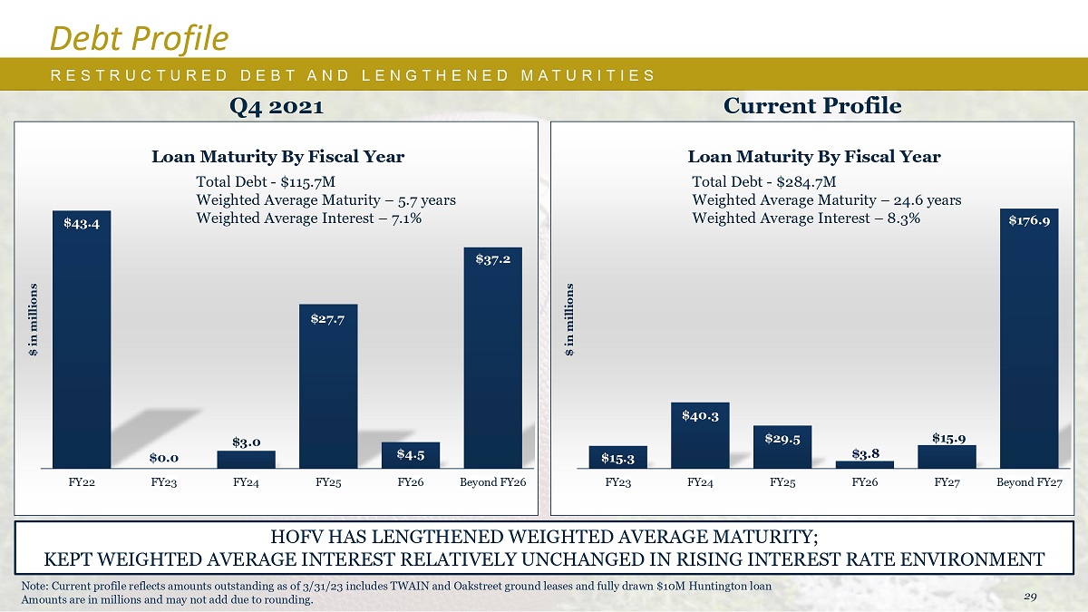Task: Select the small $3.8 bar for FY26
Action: [864, 464]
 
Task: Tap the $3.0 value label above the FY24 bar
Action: [246, 442]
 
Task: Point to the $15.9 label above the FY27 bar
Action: [947, 438]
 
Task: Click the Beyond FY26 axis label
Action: [492, 482]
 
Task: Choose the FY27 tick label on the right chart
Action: [947, 482]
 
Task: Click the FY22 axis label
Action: [82, 482]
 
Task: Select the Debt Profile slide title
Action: [139, 37]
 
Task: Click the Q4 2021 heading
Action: [277, 106]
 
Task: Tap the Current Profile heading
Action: [812, 106]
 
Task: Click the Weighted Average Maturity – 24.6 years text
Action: [826, 199]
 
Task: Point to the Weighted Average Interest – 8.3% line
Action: [806, 219]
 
